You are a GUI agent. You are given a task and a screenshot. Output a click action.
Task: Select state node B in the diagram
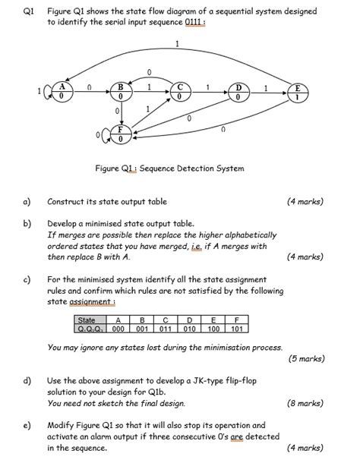pos(120,93)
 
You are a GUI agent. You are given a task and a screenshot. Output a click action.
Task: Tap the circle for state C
pos(179,93)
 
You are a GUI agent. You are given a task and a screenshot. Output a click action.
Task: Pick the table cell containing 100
pos(214,329)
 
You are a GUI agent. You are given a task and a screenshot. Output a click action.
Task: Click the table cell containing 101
pos(238,329)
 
